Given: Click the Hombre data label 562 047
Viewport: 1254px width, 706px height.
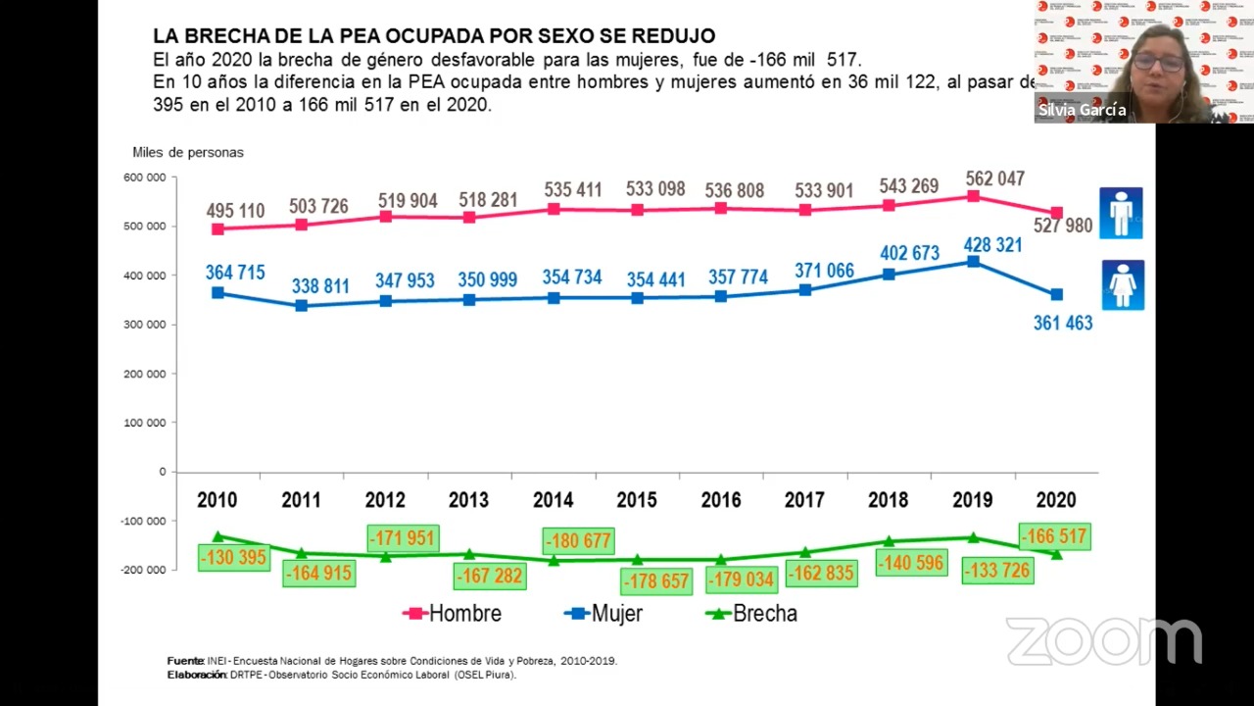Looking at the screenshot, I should click(994, 179).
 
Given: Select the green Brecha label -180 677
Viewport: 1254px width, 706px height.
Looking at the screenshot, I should click(579, 541).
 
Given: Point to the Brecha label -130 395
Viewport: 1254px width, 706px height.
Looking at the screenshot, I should click(233, 558).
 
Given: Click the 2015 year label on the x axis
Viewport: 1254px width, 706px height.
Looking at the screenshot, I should click(637, 500).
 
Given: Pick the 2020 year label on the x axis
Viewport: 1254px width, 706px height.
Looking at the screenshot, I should click(1056, 500).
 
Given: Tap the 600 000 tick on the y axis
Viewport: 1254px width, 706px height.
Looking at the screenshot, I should click(144, 177).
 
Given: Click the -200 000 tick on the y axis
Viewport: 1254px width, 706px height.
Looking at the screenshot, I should click(143, 570).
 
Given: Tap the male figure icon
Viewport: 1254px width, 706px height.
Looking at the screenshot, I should click(1121, 213).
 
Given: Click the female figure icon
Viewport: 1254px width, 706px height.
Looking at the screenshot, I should click(1122, 284).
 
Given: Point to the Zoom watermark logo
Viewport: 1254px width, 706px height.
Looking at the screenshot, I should click(1103, 641).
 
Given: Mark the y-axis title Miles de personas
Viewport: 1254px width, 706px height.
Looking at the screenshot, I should click(188, 152).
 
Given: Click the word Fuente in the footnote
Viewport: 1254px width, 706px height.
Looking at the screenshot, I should click(185, 661).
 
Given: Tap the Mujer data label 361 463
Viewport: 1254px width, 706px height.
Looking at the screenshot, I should click(1063, 323).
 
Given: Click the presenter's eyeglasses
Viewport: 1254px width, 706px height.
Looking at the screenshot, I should click(1158, 63).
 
